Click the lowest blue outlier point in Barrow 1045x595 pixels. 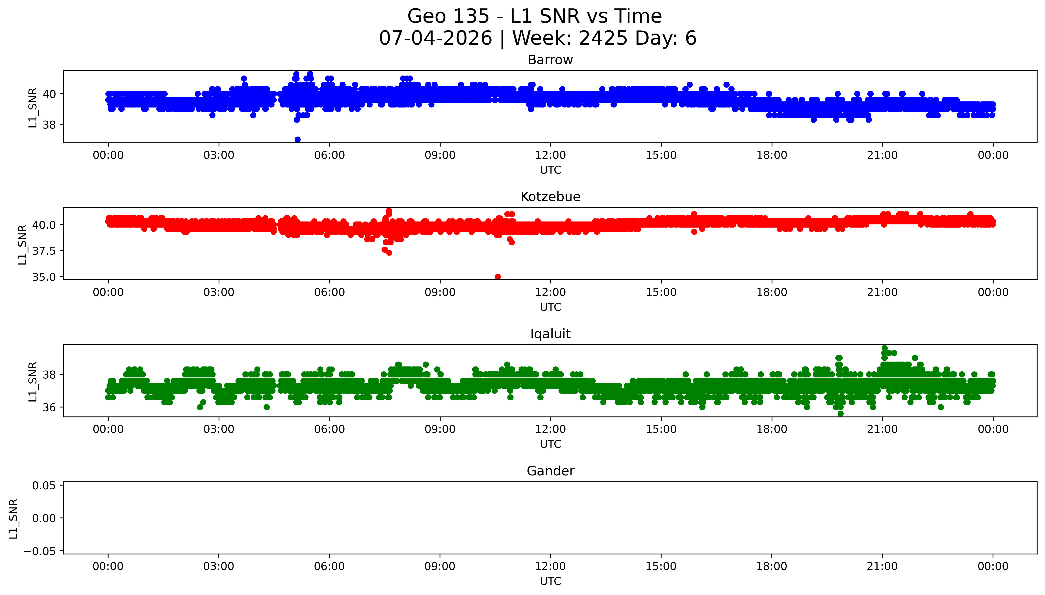(x=298, y=140)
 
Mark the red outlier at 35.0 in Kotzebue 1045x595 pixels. (x=498, y=277)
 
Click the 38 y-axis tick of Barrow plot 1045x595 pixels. (x=49, y=125)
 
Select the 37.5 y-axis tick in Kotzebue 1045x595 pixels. (x=44, y=251)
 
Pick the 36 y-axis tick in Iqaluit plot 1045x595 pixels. (x=49, y=407)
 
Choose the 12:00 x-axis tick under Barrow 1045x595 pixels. (x=550, y=155)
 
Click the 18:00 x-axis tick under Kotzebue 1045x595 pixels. (x=772, y=292)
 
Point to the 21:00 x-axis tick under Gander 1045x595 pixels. (x=882, y=566)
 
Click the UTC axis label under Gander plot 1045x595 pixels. (x=550, y=581)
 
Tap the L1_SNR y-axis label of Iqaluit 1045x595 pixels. (x=33, y=381)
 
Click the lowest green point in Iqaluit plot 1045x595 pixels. (x=840, y=414)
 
